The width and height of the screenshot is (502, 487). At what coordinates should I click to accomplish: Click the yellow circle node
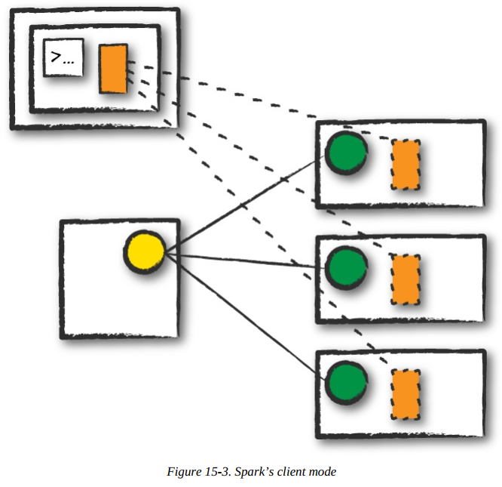pyautogui.click(x=144, y=251)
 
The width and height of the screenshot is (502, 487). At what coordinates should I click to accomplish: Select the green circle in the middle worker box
pyautogui.click(x=346, y=265)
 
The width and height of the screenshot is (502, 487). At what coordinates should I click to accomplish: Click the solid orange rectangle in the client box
pyautogui.click(x=113, y=69)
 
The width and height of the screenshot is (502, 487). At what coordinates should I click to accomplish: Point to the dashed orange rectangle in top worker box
pyautogui.click(x=406, y=165)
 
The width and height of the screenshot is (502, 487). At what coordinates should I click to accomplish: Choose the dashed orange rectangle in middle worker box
pyautogui.click(x=406, y=279)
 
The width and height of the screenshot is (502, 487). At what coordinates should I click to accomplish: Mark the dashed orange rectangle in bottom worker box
pyautogui.click(x=406, y=394)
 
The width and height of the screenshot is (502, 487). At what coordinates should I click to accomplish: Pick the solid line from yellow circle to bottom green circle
pyautogui.click(x=245, y=317)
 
